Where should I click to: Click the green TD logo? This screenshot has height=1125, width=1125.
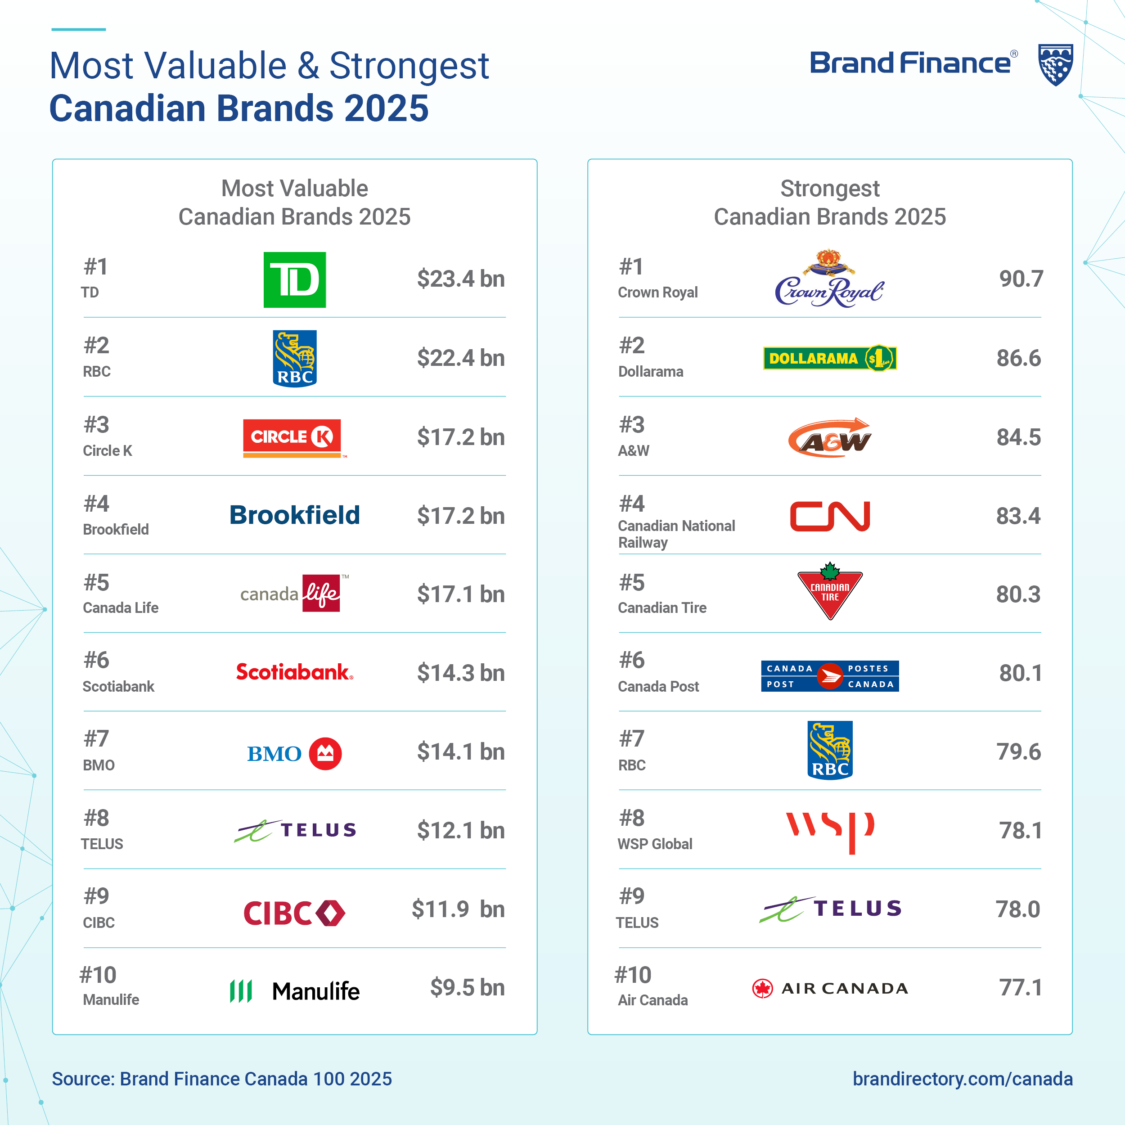(295, 279)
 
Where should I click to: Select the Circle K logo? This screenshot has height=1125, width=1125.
(293, 438)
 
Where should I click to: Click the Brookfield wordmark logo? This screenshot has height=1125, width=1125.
(295, 515)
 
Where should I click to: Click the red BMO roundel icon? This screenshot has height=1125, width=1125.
(325, 753)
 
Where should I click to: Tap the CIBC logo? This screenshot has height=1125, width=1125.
(294, 913)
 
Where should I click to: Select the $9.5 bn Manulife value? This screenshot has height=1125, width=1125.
(467, 988)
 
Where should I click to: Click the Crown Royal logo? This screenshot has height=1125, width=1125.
(829, 281)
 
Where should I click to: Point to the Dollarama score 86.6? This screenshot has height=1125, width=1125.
(1018, 358)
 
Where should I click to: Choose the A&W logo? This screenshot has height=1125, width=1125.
(829, 438)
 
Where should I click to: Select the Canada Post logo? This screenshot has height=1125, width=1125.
(830, 676)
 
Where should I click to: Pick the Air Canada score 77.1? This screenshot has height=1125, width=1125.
(1020, 988)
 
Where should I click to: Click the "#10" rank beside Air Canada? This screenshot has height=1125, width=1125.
(633, 975)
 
